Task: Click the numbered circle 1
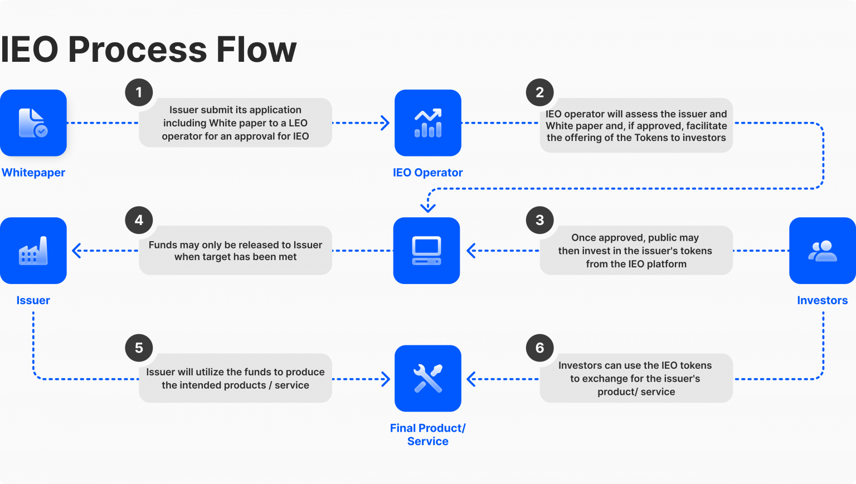click(x=139, y=92)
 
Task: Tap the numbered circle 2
click(x=539, y=92)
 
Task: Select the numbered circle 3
click(x=539, y=220)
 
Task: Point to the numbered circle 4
click(x=139, y=220)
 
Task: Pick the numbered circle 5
click(x=139, y=348)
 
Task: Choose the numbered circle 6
click(x=539, y=348)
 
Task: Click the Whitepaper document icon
click(x=33, y=123)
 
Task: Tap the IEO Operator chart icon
click(x=427, y=123)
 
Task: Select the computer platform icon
click(x=427, y=251)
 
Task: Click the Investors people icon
click(x=823, y=251)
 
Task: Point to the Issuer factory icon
click(x=33, y=251)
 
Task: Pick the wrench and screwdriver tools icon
click(x=427, y=379)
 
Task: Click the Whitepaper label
click(x=33, y=173)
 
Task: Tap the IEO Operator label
click(x=427, y=173)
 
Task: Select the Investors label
click(x=822, y=300)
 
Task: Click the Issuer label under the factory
click(x=33, y=300)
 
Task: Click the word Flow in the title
click(x=256, y=50)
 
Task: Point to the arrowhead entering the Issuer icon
click(x=76, y=251)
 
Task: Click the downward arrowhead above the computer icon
click(x=427, y=209)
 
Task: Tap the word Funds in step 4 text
click(x=162, y=245)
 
